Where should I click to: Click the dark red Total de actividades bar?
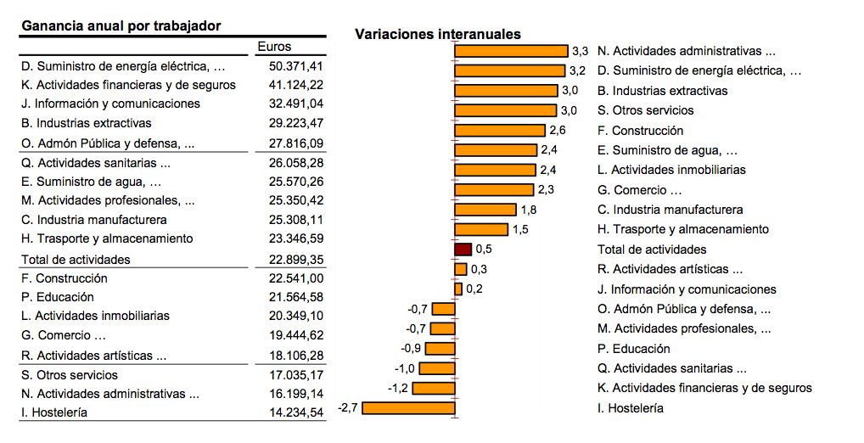click(463, 250)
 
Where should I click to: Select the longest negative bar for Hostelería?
click(409, 408)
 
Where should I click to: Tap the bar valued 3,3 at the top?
click(511, 51)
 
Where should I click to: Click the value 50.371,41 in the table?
click(295, 66)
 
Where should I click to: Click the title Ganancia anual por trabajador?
click(121, 26)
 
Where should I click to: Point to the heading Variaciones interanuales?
click(437, 34)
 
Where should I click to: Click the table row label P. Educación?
click(58, 297)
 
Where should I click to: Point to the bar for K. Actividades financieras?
click(434, 388)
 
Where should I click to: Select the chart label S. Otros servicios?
click(645, 110)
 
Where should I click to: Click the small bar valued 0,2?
click(458, 289)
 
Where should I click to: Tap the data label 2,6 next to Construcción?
click(558, 131)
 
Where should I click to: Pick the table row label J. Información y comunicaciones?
click(110, 104)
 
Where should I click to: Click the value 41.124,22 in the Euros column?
click(295, 85)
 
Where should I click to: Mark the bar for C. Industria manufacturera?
click(485, 210)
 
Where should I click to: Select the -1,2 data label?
click(398, 388)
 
